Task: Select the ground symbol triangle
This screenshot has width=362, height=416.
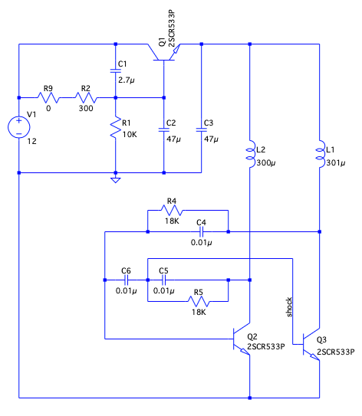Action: pos(116,180)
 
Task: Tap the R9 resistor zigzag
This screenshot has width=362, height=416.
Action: pos(48,97)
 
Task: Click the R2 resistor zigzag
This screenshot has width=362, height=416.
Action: pos(86,97)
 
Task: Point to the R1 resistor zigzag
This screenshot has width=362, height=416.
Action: pos(116,127)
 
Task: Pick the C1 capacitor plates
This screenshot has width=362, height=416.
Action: pos(116,70)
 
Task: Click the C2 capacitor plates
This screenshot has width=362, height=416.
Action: pos(164,129)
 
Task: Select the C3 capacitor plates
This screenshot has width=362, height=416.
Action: pos(201,129)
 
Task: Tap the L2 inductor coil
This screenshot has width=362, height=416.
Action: pos(251,154)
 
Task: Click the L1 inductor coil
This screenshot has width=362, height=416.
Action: pos(321,154)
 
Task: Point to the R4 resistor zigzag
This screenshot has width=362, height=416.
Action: pos(172,211)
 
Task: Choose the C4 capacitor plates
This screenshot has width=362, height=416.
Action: pos(201,231)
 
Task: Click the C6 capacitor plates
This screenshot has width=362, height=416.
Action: pos(126,280)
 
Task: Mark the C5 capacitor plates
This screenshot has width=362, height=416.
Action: pos(164,280)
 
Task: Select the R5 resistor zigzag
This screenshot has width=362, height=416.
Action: pos(199,301)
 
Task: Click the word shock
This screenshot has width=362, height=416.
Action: pos(289,307)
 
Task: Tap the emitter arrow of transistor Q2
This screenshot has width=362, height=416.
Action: pos(245,352)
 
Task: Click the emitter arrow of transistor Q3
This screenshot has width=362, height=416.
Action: pos(314,357)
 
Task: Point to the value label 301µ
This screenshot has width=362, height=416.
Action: pos(335,162)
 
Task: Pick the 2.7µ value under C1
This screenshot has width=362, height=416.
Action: pos(126,80)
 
